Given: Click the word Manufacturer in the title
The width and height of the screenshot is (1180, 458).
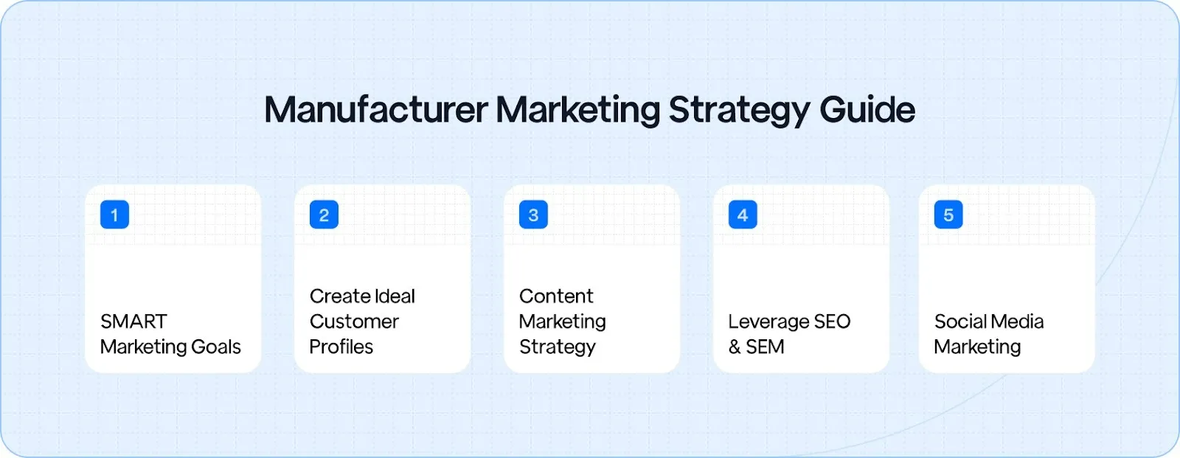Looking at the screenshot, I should pyautogui.click(x=376, y=110).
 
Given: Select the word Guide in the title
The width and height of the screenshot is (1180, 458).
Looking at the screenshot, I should pyautogui.click(x=867, y=110).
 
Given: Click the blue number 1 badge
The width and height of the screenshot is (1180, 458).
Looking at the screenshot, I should pyautogui.click(x=114, y=215).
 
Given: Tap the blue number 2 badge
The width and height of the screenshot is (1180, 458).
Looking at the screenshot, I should pyautogui.click(x=324, y=215).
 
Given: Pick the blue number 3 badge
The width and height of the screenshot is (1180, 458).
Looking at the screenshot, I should pyautogui.click(x=533, y=215).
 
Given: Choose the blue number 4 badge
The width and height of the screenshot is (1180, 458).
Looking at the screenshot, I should pyautogui.click(x=743, y=215).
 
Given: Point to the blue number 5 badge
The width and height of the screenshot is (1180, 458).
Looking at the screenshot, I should pyautogui.click(x=948, y=215).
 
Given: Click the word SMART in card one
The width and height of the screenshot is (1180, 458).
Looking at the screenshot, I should pyautogui.click(x=133, y=322).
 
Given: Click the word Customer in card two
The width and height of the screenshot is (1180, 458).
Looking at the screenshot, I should pyautogui.click(x=354, y=322).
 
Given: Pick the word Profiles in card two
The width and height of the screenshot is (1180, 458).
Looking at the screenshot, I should pyautogui.click(x=341, y=347).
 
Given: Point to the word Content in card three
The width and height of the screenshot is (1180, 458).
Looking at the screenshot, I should pyautogui.click(x=556, y=296).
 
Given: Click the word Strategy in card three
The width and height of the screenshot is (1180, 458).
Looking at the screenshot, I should pyautogui.click(x=558, y=347).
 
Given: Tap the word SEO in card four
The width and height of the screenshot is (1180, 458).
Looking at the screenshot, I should pyautogui.click(x=833, y=322).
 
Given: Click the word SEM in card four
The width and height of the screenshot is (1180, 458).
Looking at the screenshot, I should pyautogui.click(x=766, y=347).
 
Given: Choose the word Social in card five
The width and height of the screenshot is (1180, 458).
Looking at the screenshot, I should pyautogui.click(x=959, y=322).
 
